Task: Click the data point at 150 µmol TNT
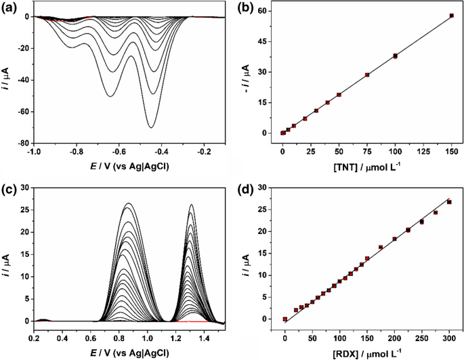click(x=452, y=16)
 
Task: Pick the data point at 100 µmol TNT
click(x=395, y=56)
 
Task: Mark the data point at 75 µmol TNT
click(x=367, y=75)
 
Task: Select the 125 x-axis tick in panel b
click(x=423, y=153)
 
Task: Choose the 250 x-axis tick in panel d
click(x=421, y=335)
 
